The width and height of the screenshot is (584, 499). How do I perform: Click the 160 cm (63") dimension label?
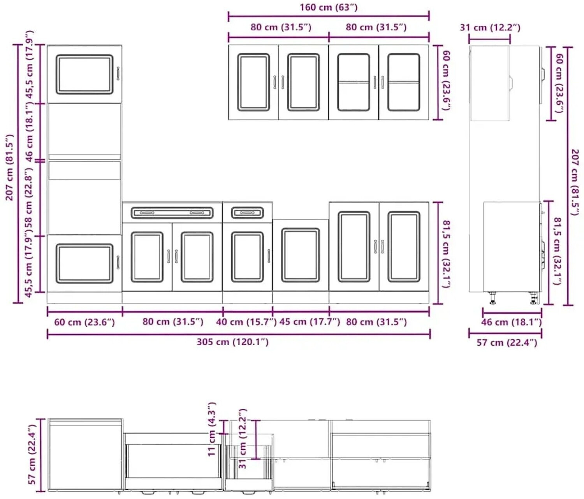[x=328, y=7]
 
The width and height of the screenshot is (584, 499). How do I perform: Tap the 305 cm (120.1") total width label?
[x=232, y=342]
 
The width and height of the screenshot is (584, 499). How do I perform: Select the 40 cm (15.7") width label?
[x=246, y=322]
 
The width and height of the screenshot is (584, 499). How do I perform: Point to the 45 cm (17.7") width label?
[x=310, y=322]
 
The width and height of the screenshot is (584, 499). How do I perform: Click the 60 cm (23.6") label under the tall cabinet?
[x=84, y=322]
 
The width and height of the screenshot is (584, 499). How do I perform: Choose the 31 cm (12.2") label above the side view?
[x=490, y=28]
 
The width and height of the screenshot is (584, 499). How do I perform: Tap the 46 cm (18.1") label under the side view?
[x=511, y=322]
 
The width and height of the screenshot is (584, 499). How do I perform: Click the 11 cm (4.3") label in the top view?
[x=212, y=430]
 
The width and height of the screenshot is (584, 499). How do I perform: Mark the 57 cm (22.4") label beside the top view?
[x=32, y=455]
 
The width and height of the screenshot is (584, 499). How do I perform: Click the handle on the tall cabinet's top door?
[x=118, y=74]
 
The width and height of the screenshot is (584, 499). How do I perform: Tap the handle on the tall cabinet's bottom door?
[x=118, y=262]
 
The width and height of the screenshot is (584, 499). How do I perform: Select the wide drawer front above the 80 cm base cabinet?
[x=172, y=213]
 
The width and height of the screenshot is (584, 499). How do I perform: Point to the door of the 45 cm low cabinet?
[x=301, y=255]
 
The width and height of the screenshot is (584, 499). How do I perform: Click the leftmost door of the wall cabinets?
[x=253, y=82]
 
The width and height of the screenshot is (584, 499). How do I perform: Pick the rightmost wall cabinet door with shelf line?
[x=404, y=82]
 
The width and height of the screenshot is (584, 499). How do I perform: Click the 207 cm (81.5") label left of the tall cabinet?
[x=9, y=167]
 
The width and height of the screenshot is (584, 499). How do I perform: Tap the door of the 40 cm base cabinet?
[x=247, y=257]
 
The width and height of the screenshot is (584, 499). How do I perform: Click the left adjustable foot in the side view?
[x=493, y=298]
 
